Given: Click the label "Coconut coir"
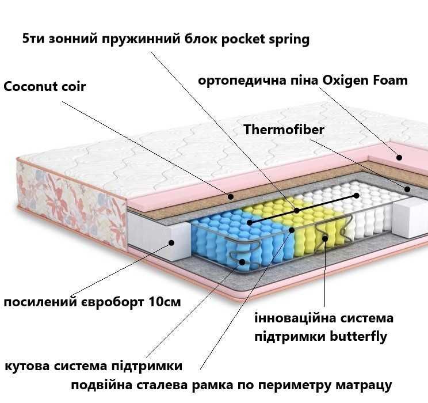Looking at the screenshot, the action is coord(44,87).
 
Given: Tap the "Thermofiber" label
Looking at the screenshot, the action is coord(284,130).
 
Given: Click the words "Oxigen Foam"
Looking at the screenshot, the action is coord(365,81).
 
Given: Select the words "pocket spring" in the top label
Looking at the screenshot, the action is coord(265,39).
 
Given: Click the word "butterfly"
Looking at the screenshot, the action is coord(358,336).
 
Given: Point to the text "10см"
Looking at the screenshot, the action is coord(165,302).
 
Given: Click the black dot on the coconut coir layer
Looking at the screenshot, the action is coord(231,196).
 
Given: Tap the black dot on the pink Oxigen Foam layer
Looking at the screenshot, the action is coord(399,157).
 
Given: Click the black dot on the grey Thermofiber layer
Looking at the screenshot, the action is coord(407,189).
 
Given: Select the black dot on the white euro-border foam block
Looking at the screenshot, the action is coord(171,242).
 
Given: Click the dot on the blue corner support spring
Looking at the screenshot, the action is coord(242,262).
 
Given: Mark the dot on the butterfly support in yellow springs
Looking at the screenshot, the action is coord(325,238).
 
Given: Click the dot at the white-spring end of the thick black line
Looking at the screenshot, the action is coord(356,195).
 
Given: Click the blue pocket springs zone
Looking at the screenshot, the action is coord(240,238).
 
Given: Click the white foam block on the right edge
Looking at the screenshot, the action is coord(410,216).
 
